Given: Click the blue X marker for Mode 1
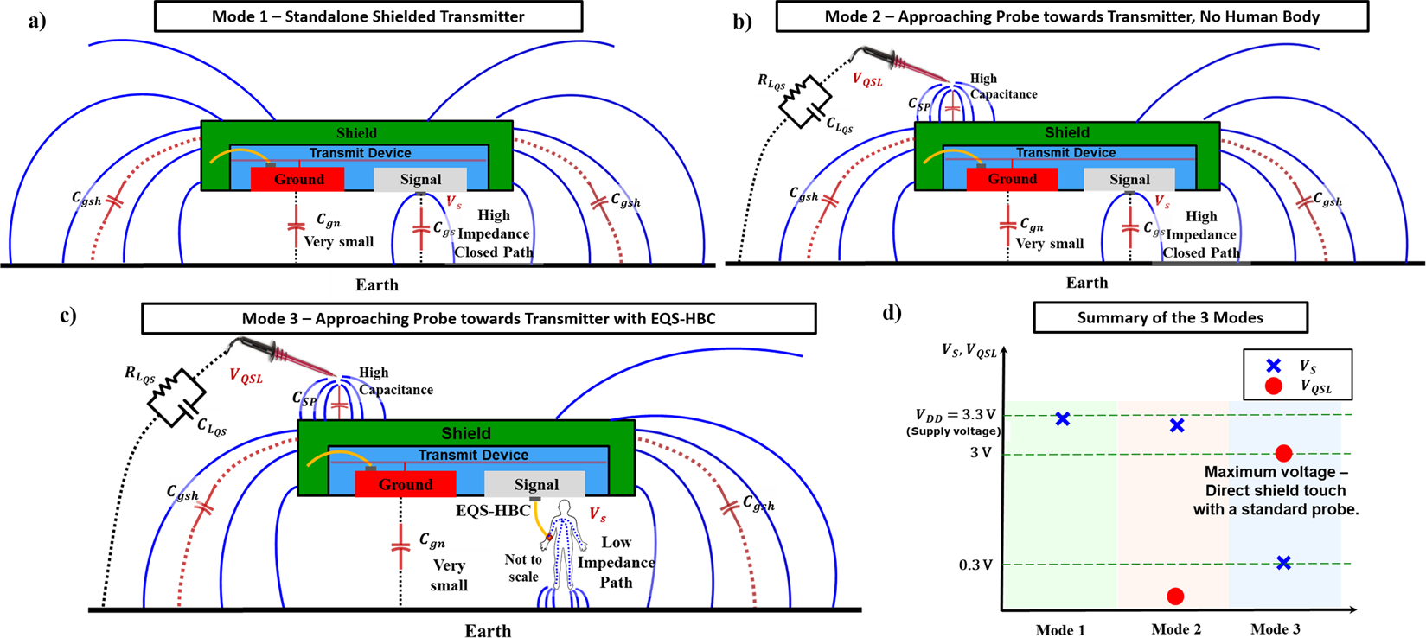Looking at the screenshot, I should click(1063, 419).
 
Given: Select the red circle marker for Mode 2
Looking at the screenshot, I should click(1175, 597).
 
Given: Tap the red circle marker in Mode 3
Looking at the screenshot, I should click(1283, 453).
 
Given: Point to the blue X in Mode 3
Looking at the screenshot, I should click(1283, 563).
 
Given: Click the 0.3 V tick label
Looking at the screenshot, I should click(975, 565).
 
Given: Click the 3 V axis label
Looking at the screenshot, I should click(980, 453).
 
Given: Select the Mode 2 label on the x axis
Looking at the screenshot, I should click(1175, 629).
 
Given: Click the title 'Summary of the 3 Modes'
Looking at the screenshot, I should click(1170, 318).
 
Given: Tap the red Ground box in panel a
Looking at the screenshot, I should click(297, 180).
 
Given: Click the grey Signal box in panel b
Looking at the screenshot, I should click(1129, 180).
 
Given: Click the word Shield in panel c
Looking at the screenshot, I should click(466, 433).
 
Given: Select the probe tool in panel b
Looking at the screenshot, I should click(899, 62).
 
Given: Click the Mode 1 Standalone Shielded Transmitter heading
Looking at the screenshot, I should click(368, 16).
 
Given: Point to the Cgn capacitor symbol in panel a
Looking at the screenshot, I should click(296, 228).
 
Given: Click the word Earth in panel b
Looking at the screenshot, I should click(1086, 283).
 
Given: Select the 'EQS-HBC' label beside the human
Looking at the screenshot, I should click(493, 511).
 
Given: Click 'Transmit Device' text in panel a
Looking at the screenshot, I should click(359, 153).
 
